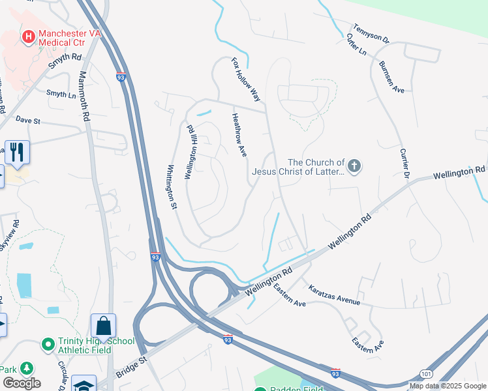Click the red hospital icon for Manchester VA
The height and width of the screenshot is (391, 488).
click(x=28, y=37)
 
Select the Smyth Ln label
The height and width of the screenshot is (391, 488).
click(x=61, y=94)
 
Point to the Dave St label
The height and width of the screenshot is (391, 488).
click(x=28, y=121)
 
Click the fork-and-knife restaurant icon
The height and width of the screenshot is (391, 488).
click(x=16, y=152)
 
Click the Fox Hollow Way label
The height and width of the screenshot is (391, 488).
click(x=247, y=80)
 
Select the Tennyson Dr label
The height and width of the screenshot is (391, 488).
click(x=371, y=34)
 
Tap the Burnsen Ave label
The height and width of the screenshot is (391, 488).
click(x=391, y=78)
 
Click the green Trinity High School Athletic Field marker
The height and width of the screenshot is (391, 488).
click(x=47, y=343)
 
